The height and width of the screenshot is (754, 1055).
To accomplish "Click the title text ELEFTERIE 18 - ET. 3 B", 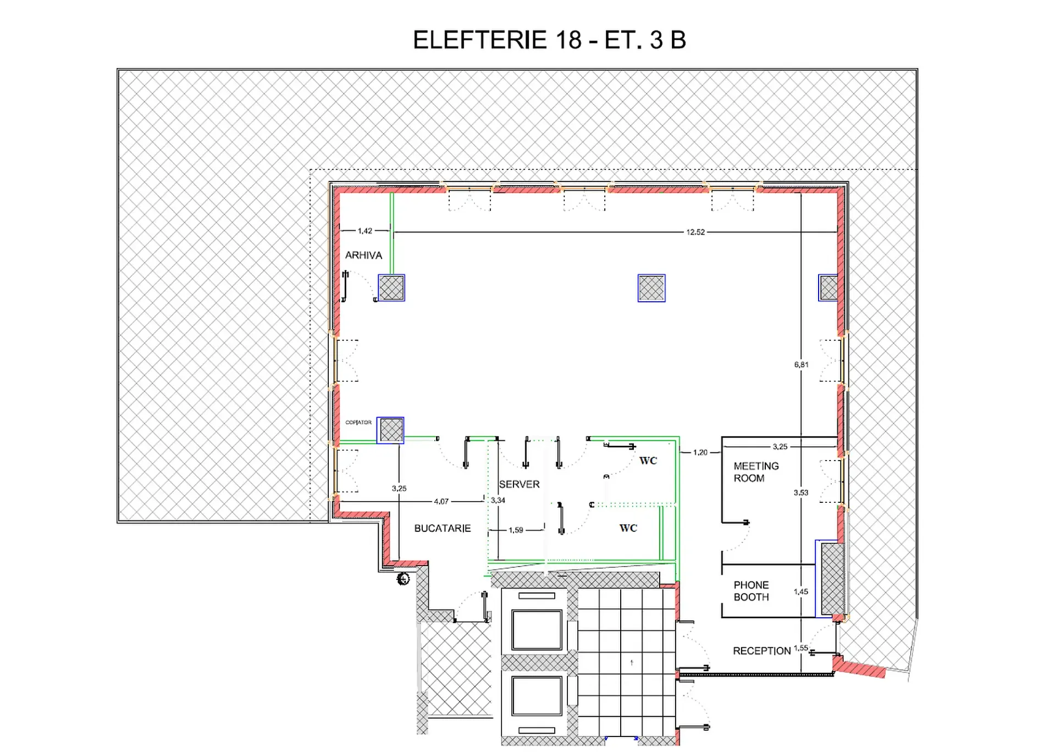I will coord(549,40).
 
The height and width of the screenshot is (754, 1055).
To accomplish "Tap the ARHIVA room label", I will coord(363,256).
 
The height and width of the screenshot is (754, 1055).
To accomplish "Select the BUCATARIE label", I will coord(443,529).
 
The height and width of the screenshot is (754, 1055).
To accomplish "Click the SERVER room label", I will coord(519,485).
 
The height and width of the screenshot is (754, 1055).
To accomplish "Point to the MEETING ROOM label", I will coord(756,472).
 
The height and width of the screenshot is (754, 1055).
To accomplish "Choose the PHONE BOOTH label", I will coord(751,591).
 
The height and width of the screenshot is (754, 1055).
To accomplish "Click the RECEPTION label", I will coord(761,651).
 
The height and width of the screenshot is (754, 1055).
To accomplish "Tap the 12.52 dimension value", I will coord(695,232).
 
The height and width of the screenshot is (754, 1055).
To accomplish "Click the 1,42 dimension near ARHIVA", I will coord(365,231).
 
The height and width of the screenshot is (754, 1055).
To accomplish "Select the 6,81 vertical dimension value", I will coord(801,365).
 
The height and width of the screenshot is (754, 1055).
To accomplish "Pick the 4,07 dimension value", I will coord(441,502).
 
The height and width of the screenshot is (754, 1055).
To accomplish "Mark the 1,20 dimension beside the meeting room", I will coord(700,453).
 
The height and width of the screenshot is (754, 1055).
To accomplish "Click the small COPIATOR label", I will coord(358,423).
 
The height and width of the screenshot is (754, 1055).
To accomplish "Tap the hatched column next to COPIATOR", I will coord(391,430).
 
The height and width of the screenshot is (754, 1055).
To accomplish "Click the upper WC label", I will coord(648,461).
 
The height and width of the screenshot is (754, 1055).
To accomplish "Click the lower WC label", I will coord(628,529).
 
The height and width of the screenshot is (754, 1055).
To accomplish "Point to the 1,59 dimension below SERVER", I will coord(516,530).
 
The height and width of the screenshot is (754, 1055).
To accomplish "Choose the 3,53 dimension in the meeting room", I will coord(801,493).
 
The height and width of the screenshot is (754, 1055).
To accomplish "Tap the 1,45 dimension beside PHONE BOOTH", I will coord(801,592).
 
